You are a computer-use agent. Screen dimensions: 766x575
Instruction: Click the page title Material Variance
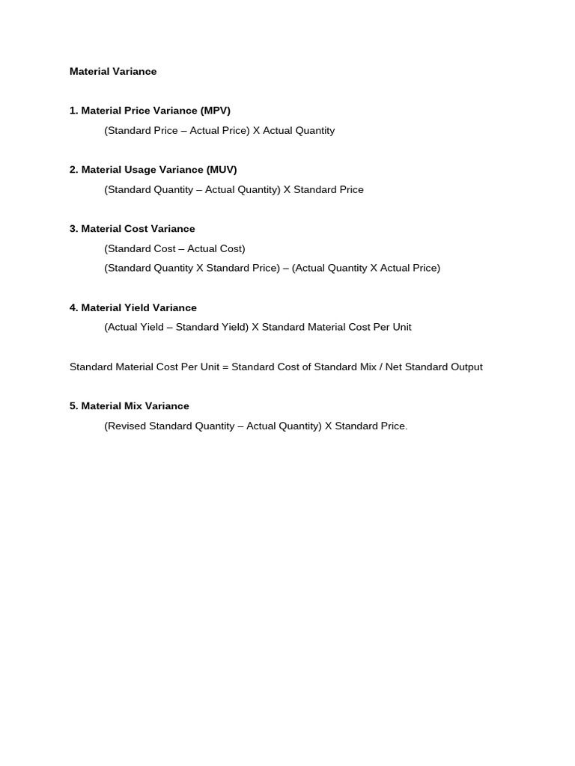[113, 72]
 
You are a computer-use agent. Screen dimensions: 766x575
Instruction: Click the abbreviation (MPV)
[215, 111]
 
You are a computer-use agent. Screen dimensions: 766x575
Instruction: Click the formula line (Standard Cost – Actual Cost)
[174, 248]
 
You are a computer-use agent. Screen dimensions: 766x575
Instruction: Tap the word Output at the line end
[466, 367]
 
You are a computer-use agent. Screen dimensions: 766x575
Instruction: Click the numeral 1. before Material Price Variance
[73, 111]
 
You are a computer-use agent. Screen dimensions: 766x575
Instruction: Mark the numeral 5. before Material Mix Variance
[73, 406]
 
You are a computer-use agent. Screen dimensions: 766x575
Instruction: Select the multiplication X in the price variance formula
[256, 131]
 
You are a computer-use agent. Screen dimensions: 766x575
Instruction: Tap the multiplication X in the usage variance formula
[287, 190]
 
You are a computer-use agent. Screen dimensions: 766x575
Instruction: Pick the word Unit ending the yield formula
[401, 327]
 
